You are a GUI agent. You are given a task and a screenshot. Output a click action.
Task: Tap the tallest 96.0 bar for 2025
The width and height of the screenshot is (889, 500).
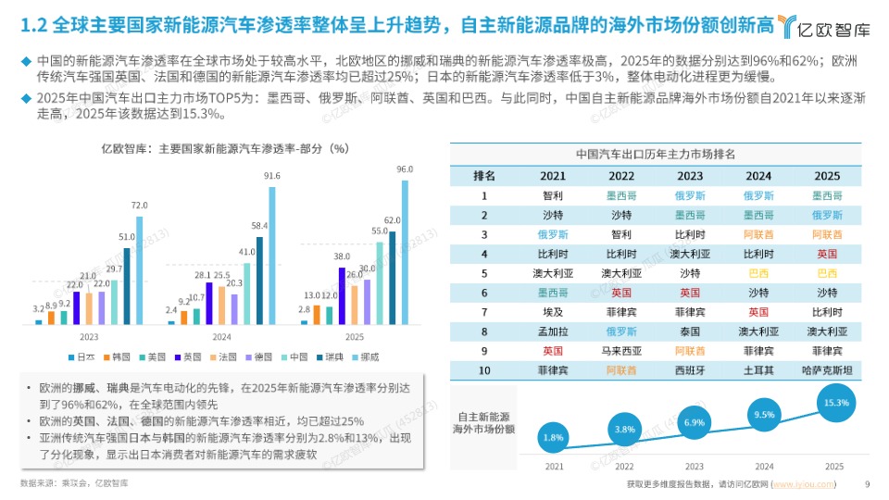(x=405, y=250)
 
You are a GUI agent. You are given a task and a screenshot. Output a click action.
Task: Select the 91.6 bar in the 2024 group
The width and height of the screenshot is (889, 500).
(x=271, y=255)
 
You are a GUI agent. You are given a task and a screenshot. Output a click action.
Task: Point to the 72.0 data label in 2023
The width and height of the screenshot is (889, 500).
(x=139, y=205)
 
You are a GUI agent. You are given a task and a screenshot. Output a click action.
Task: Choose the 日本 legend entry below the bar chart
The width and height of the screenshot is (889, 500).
(x=82, y=356)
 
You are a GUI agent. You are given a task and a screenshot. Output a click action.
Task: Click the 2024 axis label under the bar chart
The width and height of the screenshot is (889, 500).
(x=222, y=337)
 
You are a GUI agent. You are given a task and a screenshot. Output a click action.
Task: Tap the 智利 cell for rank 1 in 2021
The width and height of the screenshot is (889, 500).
(x=553, y=195)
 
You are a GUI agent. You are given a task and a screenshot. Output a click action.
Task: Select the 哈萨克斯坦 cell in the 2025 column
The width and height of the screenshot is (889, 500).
(x=827, y=371)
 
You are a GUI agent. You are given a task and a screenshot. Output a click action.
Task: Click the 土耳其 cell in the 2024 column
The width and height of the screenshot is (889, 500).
(x=758, y=371)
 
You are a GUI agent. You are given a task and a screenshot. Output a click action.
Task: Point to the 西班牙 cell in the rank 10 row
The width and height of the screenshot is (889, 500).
(x=690, y=371)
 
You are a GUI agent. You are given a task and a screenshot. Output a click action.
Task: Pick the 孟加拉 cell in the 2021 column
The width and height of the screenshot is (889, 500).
(x=553, y=331)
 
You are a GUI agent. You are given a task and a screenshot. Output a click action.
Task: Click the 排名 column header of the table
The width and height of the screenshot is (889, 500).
(x=484, y=175)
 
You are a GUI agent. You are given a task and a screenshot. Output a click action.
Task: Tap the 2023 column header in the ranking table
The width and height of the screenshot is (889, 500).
(x=690, y=175)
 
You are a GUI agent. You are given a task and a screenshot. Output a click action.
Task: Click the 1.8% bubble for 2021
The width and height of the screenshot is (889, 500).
(x=554, y=437)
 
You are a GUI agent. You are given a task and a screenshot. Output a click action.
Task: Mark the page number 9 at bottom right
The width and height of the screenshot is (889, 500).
(x=867, y=483)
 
